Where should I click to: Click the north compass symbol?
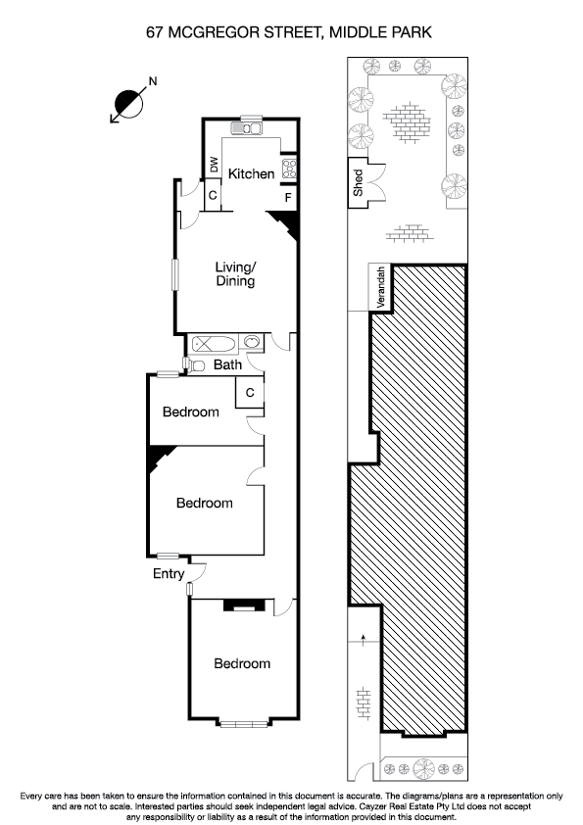128,100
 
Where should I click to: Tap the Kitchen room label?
251,174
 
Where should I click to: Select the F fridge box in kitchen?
288,197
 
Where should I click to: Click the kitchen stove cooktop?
290,170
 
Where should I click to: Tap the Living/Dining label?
235,274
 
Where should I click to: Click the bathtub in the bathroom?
213,344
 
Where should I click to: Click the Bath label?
227,365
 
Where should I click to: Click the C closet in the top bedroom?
250,392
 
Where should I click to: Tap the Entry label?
168,574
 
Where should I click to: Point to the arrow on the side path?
364,638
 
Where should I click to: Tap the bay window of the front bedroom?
242,724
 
